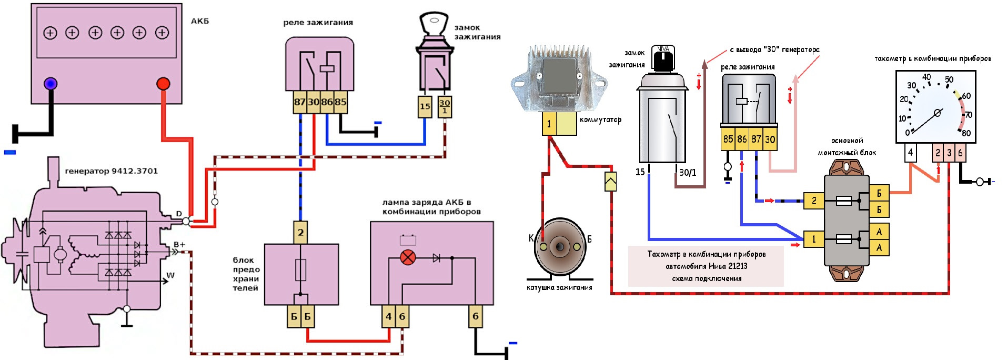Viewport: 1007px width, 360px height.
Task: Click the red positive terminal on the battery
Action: [x=163, y=84]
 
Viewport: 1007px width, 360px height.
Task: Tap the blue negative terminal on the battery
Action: [x=51, y=84]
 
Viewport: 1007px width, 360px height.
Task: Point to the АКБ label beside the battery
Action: [x=200, y=21]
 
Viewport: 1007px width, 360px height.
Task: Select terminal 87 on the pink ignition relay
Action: [x=299, y=102]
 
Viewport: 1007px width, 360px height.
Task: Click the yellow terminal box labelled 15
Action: [x=425, y=106]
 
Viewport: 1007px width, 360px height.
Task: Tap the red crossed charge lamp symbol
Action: [x=408, y=258]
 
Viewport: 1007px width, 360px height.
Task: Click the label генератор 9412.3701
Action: [x=111, y=171]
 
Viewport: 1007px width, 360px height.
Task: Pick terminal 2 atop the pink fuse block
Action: [x=300, y=232]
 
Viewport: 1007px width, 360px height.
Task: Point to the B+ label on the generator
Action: [x=179, y=245]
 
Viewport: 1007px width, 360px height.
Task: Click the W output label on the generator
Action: [x=170, y=275]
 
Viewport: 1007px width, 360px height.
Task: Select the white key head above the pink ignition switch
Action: [x=434, y=24]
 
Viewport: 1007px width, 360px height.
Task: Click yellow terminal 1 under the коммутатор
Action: [x=549, y=124]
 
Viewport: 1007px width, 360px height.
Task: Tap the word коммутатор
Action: [x=600, y=120]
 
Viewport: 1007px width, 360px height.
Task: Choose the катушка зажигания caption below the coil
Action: [x=559, y=287]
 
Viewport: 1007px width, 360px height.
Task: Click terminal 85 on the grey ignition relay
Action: [x=728, y=139]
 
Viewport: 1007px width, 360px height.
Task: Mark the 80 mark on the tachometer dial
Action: [x=966, y=133]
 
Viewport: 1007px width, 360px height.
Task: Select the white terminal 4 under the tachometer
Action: [x=910, y=153]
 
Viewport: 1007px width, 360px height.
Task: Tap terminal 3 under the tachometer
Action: [x=949, y=153]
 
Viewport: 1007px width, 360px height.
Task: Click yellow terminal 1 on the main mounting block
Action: [x=814, y=239]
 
